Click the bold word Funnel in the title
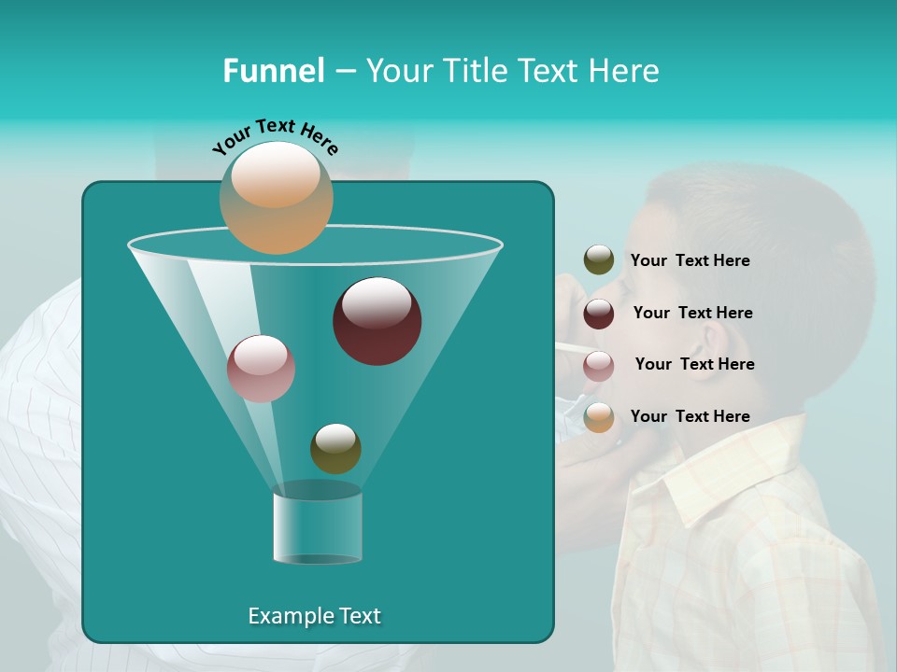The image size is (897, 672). pyautogui.click(x=273, y=71)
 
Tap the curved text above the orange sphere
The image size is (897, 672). pyautogui.click(x=276, y=136)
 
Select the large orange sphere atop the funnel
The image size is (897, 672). pyautogui.click(x=277, y=197)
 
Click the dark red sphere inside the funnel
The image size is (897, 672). pyautogui.click(x=377, y=321)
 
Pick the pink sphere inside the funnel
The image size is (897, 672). pyautogui.click(x=261, y=369)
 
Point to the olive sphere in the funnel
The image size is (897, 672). pyautogui.click(x=335, y=448)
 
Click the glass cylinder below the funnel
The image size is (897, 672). pyautogui.click(x=317, y=527)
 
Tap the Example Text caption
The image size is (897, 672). pyautogui.click(x=314, y=616)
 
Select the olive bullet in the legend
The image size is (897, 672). pyautogui.click(x=598, y=260)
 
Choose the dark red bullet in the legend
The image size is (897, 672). pyautogui.click(x=598, y=313)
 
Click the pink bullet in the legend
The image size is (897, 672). pyautogui.click(x=598, y=365)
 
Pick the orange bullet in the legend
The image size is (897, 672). pyautogui.click(x=598, y=417)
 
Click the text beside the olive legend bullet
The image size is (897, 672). pyautogui.click(x=690, y=260)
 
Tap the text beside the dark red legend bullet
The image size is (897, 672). pyautogui.click(x=692, y=313)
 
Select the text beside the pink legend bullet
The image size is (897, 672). pyautogui.click(x=694, y=364)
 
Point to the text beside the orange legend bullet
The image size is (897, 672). pyautogui.click(x=690, y=416)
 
